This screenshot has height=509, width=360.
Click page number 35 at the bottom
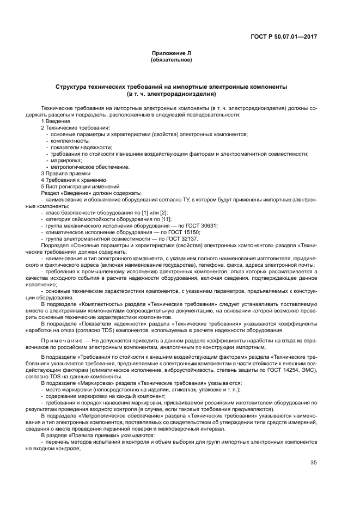[x=313, y=463]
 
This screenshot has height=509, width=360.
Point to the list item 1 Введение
[x=53, y=121]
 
